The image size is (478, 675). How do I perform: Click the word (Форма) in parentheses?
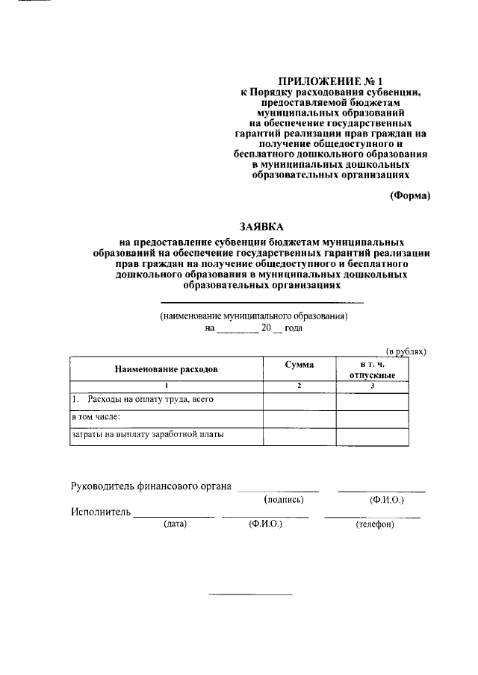tap(409, 195)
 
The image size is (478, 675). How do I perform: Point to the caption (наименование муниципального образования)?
tap(254, 316)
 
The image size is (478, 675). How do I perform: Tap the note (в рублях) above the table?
tap(406, 351)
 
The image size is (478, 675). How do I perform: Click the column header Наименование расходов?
tap(166, 369)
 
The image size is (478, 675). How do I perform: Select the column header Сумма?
tap(299, 365)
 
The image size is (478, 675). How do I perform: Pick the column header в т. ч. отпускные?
tap(371, 369)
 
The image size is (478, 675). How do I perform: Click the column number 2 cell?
tap(299, 386)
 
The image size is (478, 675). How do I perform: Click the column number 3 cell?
tap(371, 386)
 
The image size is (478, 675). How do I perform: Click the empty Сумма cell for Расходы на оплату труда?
tap(299, 401)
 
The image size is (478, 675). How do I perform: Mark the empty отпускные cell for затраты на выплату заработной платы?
tap(371, 436)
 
